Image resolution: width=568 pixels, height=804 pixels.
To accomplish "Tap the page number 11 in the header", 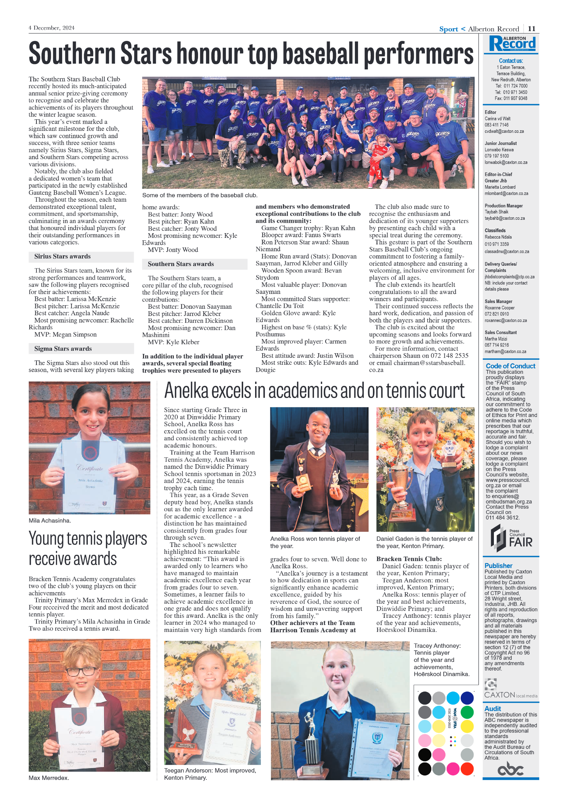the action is click(532, 29).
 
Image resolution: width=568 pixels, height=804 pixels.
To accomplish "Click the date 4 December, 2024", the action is click(52, 28).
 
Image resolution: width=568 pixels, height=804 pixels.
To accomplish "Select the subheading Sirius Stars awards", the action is click(63, 256).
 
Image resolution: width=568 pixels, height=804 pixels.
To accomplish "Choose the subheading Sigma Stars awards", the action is click(63, 348).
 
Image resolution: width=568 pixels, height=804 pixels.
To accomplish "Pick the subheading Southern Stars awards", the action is click(181, 264).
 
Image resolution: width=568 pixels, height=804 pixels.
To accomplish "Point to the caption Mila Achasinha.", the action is click(50, 521).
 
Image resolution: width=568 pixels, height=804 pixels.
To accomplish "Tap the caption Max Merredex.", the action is click(49, 778).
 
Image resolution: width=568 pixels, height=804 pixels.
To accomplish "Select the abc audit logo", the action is click(511, 769).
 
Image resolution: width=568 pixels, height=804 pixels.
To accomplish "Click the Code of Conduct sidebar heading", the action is click(510, 366).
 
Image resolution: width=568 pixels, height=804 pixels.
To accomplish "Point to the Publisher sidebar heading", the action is click(498, 565).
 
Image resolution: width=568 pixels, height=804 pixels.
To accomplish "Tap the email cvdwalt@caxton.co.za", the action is click(504, 132).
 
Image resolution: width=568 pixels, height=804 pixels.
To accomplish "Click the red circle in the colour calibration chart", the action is click(467, 769).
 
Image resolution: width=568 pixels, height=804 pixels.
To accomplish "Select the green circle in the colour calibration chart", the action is click(467, 712).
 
